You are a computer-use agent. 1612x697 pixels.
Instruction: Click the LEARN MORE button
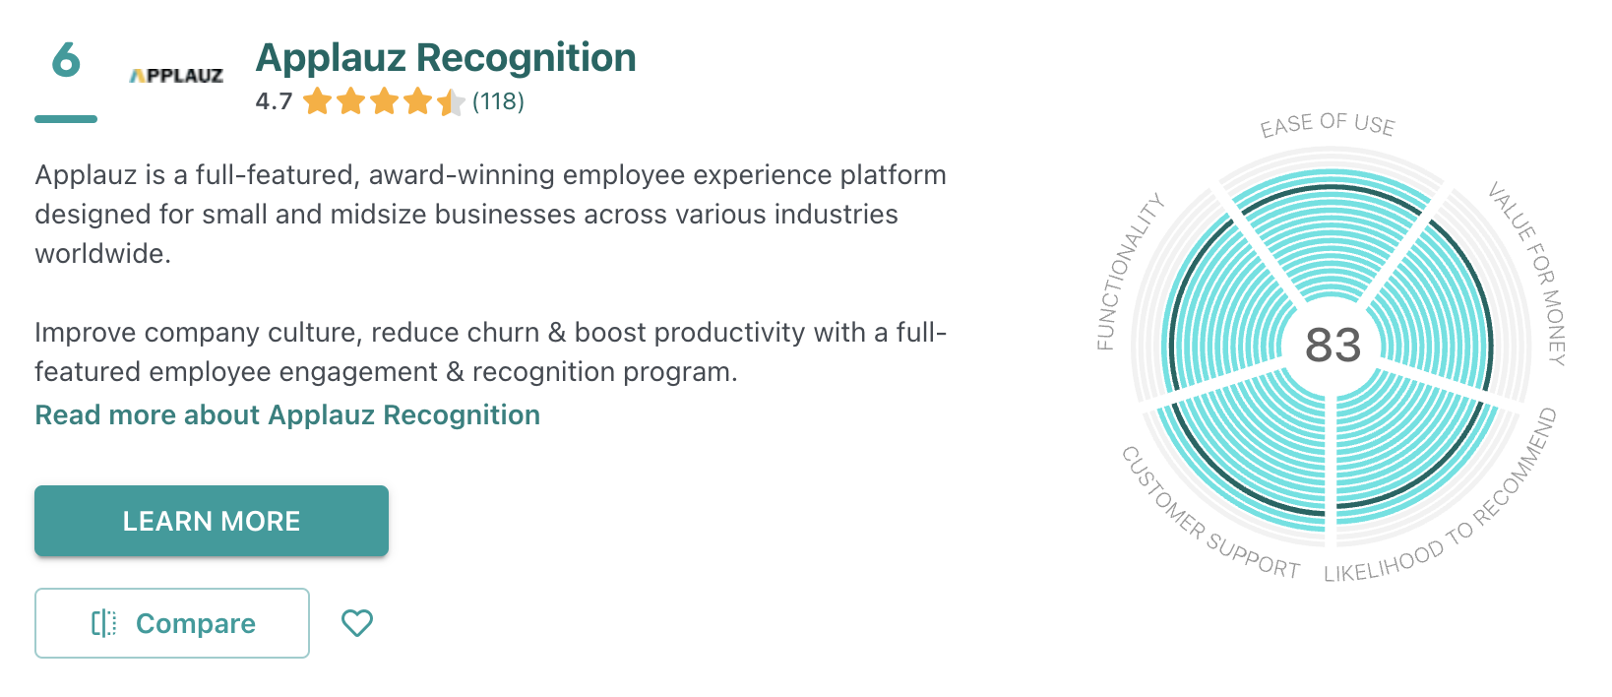pyautogui.click(x=212, y=521)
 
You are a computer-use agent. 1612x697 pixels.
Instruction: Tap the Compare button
pyautogui.click(x=172, y=623)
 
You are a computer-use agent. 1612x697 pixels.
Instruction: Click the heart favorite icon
pyautogui.click(x=357, y=623)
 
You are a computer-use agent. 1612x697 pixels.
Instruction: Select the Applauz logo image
pyautogui.click(x=176, y=76)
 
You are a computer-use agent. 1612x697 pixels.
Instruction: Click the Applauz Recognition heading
pyautogui.click(x=446, y=58)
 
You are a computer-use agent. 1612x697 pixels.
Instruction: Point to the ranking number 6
pyautogui.click(x=66, y=59)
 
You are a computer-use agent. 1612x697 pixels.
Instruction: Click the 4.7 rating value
pyautogui.click(x=275, y=101)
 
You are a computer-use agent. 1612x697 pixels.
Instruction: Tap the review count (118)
pyautogui.click(x=498, y=101)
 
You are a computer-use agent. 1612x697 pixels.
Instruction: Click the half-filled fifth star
pyautogui.click(x=451, y=101)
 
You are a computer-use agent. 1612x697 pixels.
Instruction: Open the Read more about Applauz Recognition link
pyautogui.click(x=287, y=414)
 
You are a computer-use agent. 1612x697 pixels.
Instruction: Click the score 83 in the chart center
pyautogui.click(x=1333, y=345)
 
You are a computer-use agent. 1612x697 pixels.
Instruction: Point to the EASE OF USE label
pyautogui.click(x=1328, y=124)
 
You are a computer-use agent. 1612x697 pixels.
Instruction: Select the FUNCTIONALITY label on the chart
pyautogui.click(x=1129, y=272)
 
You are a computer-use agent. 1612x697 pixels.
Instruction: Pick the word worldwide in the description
pyautogui.click(x=103, y=253)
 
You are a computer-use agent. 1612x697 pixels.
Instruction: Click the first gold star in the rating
pyautogui.click(x=317, y=101)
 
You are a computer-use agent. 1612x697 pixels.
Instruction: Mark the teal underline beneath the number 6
pyautogui.click(x=66, y=119)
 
